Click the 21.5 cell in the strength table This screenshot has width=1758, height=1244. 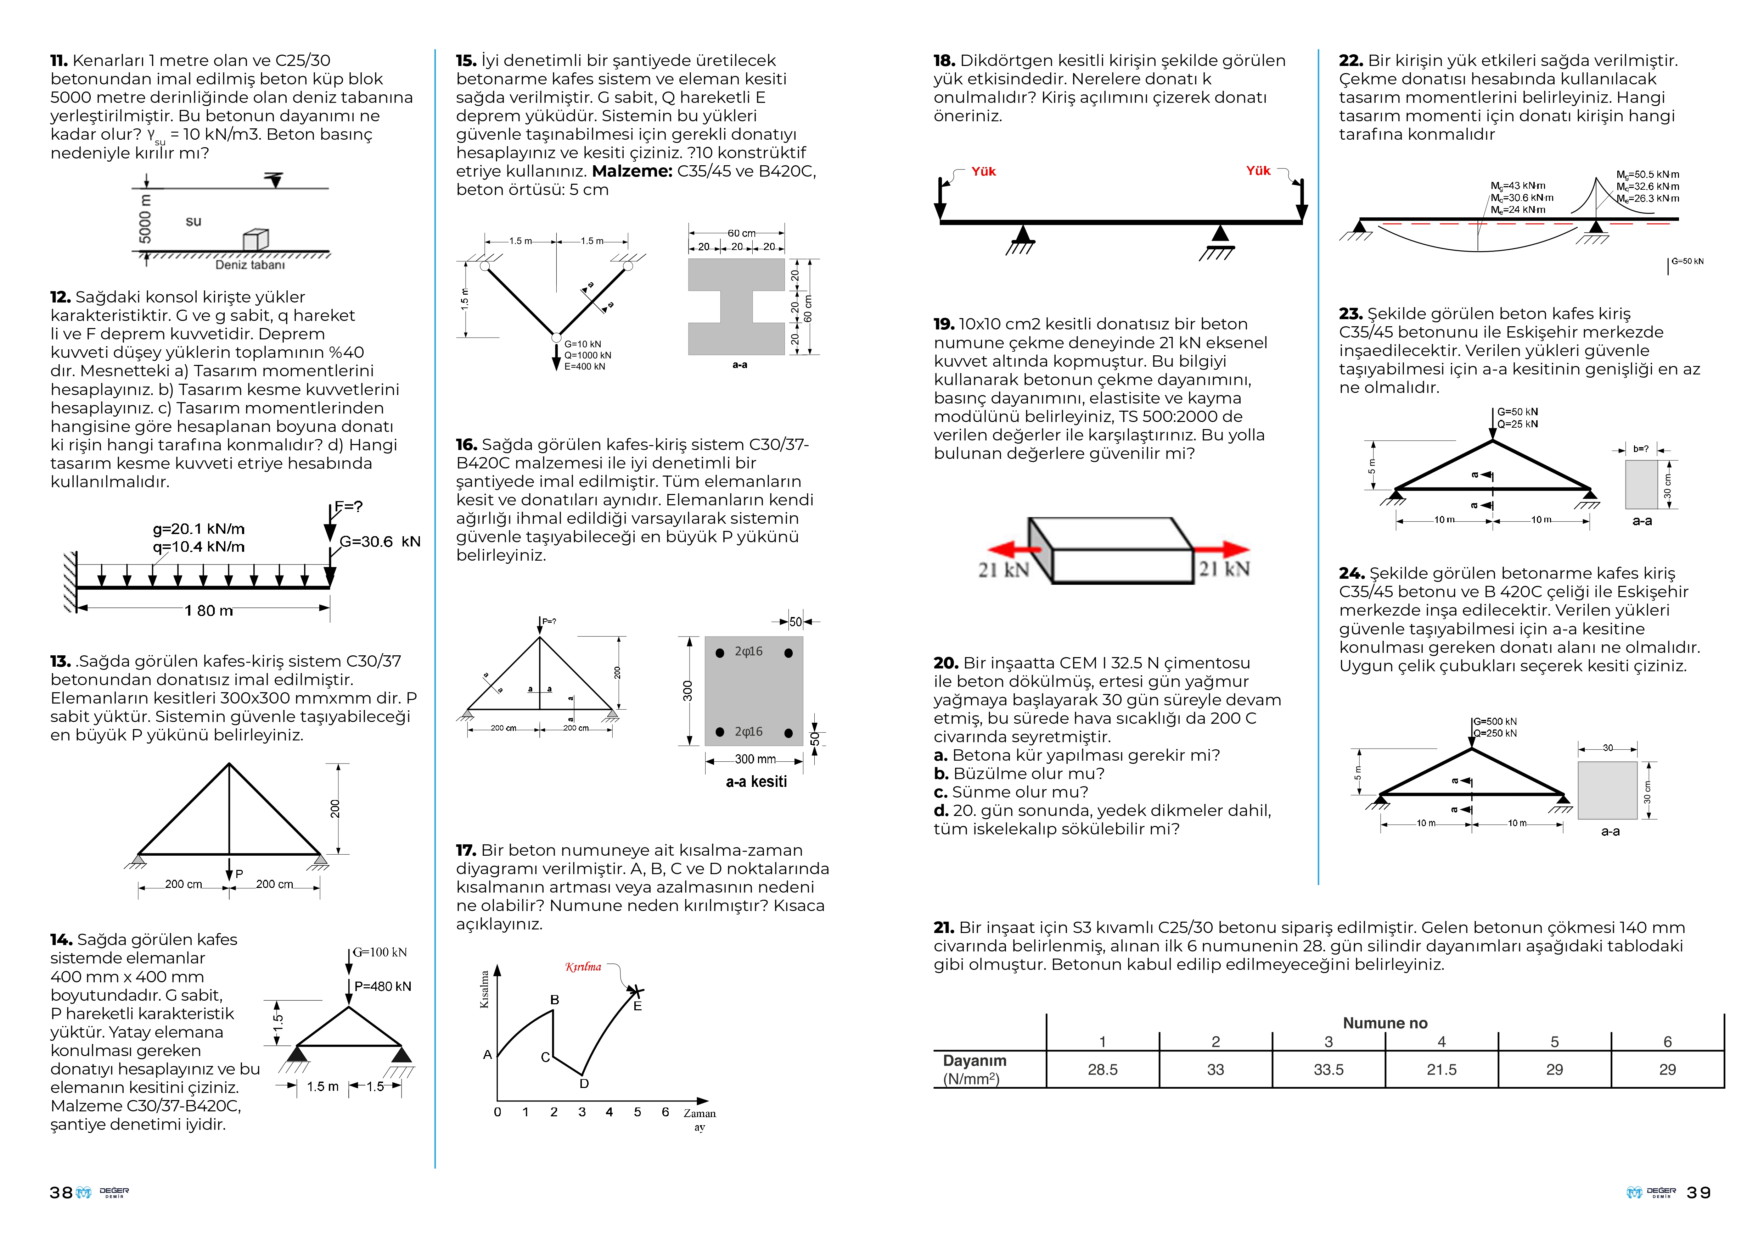point(1441,1069)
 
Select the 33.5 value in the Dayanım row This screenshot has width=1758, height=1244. point(1329,1069)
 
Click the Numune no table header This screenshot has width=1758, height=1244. point(1385,1023)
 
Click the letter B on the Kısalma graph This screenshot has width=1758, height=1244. point(554,1000)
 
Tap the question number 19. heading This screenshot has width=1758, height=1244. point(943,324)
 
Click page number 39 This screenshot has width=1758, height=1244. point(1698,1193)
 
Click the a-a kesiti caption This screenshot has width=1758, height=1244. point(756,781)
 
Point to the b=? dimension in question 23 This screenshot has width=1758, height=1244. point(1640,449)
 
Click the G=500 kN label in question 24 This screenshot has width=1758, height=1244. point(1495,722)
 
